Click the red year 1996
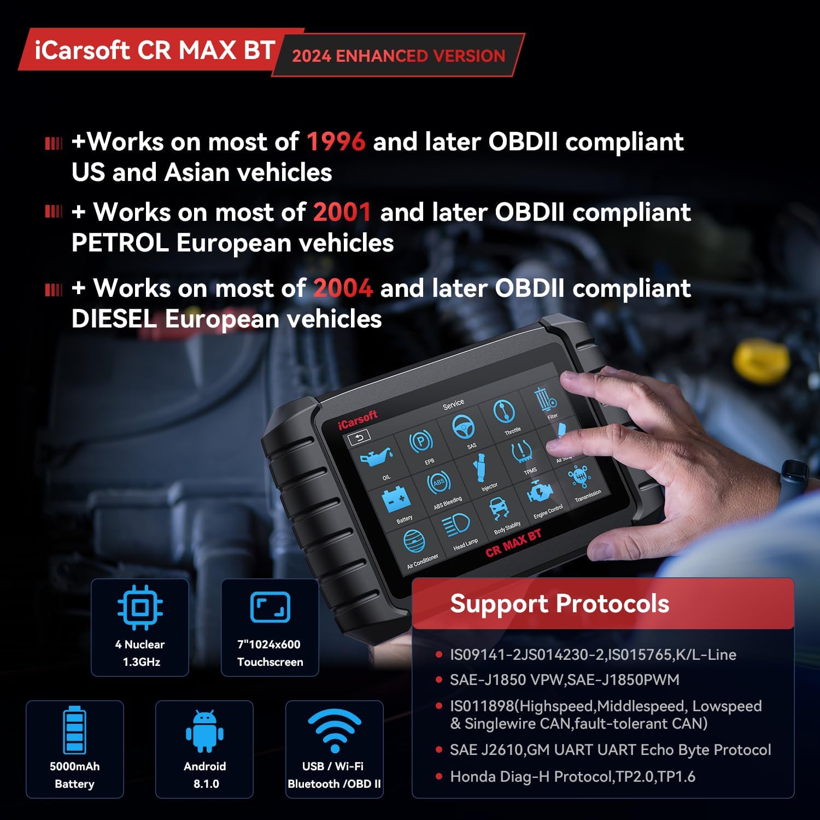click(336, 142)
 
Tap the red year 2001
click(342, 212)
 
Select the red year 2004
click(343, 288)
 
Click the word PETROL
click(120, 243)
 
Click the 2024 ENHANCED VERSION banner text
click(399, 56)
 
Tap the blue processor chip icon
click(140, 607)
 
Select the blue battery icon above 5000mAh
click(74, 730)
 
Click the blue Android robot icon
click(204, 731)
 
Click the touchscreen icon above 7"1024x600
click(270, 607)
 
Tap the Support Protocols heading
click(559, 604)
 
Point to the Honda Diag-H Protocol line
click(572, 776)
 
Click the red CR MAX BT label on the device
click(513, 543)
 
